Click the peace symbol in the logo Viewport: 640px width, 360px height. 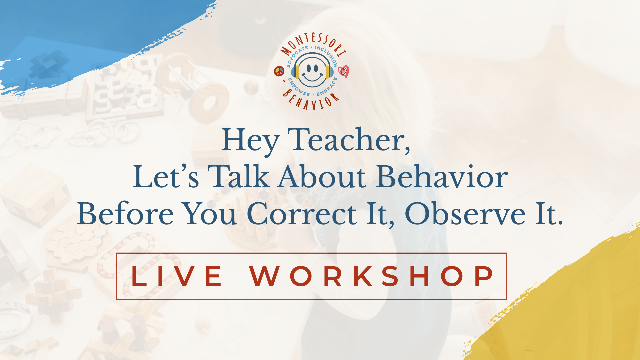tap(279, 71)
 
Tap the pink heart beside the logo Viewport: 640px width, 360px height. tap(343, 71)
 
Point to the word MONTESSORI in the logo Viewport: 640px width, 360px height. tap(313, 43)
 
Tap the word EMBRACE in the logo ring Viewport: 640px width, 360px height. tap(328, 88)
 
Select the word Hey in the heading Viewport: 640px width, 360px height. tap(250, 141)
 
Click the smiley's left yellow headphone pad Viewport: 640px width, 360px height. tap(297, 72)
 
